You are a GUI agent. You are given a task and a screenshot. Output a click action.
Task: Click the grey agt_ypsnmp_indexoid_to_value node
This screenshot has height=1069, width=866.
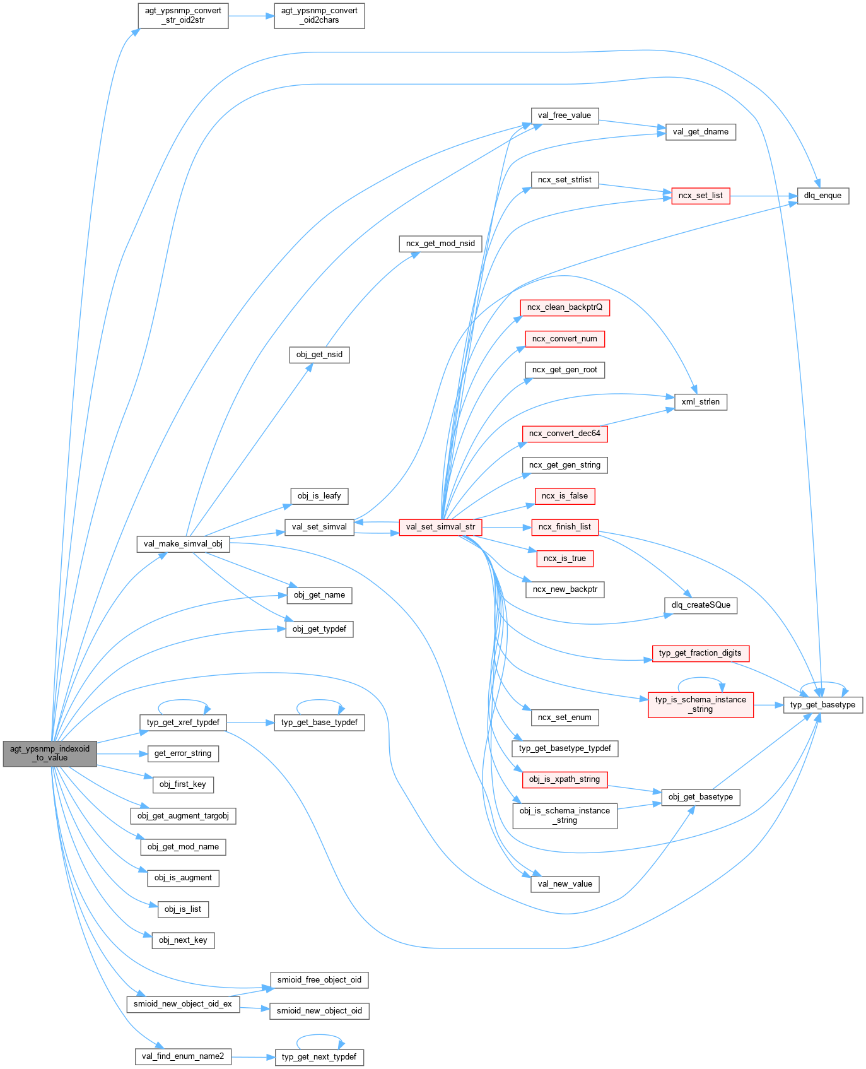(x=50, y=753)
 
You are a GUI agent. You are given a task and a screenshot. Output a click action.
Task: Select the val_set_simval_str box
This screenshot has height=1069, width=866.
(x=440, y=527)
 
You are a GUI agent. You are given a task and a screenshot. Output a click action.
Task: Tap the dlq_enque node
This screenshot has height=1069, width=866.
(x=822, y=196)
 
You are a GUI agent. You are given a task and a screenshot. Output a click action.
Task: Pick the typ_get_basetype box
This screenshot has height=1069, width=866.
(x=822, y=705)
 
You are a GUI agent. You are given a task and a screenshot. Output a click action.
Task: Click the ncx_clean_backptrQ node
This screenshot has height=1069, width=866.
(x=565, y=307)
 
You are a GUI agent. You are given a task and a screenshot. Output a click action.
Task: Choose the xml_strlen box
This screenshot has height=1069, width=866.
(x=700, y=402)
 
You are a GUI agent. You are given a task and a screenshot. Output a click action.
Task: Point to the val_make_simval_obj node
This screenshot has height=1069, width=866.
(x=183, y=544)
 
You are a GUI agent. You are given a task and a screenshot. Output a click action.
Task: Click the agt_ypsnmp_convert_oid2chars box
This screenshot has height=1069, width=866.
(x=319, y=15)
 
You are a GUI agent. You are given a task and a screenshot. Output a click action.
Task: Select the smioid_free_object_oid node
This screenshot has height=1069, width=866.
(x=319, y=980)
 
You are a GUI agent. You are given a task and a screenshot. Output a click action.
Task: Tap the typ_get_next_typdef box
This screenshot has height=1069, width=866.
(x=319, y=1057)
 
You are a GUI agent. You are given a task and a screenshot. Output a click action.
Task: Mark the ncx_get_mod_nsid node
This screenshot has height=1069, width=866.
(x=440, y=244)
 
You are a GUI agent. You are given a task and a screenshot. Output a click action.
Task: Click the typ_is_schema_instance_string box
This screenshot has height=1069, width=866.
(x=700, y=704)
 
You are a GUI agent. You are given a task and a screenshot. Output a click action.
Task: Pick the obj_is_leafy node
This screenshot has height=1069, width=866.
(x=319, y=496)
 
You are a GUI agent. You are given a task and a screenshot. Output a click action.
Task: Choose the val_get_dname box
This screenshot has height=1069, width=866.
(x=700, y=132)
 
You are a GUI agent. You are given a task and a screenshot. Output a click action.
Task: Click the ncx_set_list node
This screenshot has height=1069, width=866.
(x=700, y=196)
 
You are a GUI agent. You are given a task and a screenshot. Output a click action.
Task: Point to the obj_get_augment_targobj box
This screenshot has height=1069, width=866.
(x=183, y=816)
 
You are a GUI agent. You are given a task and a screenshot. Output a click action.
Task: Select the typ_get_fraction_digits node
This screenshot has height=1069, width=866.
(x=700, y=653)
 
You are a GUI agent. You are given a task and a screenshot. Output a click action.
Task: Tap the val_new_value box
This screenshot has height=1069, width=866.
(x=565, y=884)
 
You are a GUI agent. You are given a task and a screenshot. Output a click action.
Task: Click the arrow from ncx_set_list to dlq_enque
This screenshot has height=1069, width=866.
(x=763, y=196)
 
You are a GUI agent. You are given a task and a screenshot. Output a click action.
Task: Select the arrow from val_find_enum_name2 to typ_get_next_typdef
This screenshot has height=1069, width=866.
(x=253, y=1057)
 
